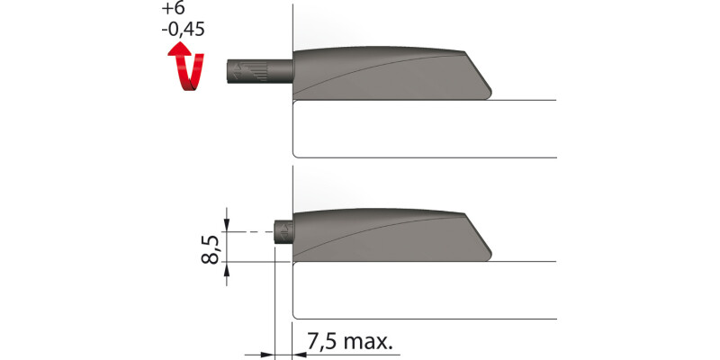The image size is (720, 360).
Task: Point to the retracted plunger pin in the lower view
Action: [x=283, y=230]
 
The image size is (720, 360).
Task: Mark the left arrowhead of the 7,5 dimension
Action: [x=267, y=354]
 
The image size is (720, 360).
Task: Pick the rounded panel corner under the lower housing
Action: [x=297, y=265]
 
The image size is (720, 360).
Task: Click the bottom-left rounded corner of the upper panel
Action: [x=297, y=154]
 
